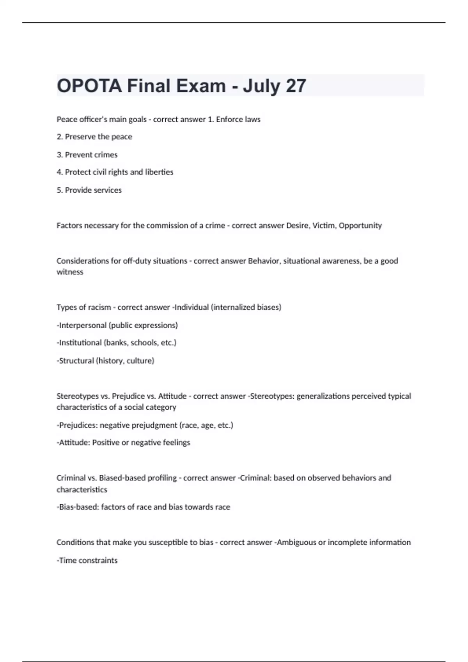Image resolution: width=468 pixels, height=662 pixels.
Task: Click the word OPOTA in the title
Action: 89,86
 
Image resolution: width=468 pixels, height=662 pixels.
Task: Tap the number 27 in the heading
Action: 296,86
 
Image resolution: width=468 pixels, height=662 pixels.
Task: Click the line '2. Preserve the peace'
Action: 94,137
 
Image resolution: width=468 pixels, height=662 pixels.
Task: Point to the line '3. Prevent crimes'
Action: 87,155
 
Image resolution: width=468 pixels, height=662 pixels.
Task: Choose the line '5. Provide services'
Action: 89,190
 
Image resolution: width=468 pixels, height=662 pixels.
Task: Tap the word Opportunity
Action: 360,225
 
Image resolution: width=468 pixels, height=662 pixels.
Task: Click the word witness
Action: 70,272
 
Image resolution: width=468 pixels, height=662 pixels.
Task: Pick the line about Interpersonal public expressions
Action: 117,325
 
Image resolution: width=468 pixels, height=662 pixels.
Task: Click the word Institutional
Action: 80,343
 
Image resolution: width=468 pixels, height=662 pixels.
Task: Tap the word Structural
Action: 76,361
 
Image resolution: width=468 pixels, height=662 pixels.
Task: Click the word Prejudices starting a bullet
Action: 77,425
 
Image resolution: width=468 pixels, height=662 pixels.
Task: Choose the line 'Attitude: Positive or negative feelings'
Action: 123,442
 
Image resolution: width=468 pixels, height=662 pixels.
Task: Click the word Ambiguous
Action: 296,542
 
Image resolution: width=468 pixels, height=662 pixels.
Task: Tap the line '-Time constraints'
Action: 87,560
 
